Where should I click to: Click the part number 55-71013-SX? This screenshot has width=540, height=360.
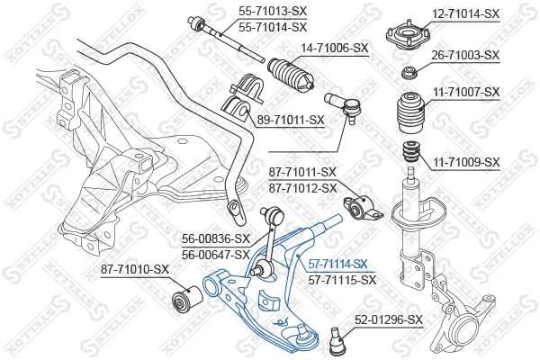272,10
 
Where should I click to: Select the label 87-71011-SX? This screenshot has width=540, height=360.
302,172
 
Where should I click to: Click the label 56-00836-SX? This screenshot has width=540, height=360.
216,238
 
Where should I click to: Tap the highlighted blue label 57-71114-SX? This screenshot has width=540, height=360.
337,264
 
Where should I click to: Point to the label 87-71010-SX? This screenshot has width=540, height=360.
135,268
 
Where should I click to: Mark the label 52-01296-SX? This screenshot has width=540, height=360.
388,319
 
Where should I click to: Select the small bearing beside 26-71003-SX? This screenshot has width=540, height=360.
409,72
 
